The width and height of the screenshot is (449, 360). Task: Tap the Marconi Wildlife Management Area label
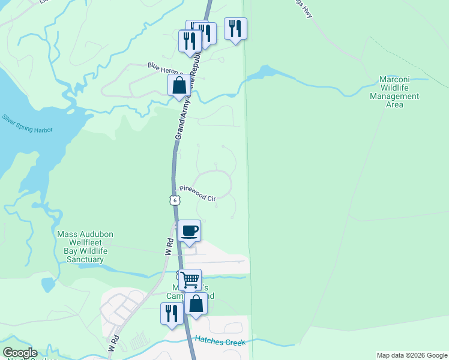394,92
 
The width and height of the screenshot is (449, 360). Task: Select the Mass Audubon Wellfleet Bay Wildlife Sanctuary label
85,247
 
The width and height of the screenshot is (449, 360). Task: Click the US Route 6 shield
174,200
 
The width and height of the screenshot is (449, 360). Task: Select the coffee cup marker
190,231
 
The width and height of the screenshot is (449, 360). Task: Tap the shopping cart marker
190,279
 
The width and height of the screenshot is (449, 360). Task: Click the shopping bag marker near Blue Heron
179,85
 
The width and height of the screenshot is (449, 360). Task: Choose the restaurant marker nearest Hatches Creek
171,313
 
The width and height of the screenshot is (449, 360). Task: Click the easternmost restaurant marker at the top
235,28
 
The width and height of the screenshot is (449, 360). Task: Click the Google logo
20,353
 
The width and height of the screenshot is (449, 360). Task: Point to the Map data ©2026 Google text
411,355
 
